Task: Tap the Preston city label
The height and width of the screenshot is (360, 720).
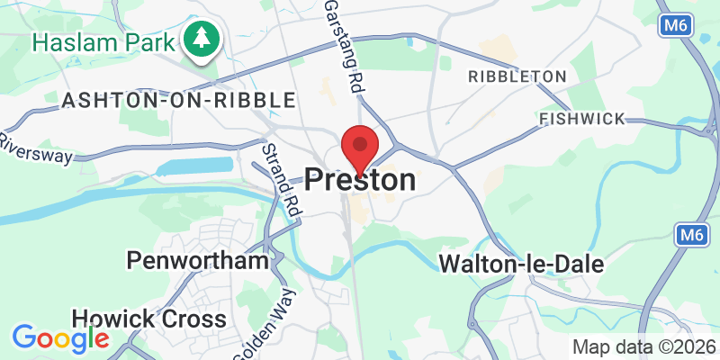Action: click(x=361, y=180)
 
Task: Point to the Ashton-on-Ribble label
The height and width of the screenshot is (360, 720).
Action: click(x=178, y=100)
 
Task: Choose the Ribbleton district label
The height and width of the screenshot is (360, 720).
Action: click(x=517, y=76)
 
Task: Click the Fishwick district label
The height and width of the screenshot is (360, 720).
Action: click(x=583, y=119)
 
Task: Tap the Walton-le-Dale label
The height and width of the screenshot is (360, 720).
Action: click(x=521, y=264)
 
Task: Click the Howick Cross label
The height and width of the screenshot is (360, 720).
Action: click(x=148, y=319)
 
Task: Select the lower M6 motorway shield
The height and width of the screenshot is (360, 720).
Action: click(x=690, y=235)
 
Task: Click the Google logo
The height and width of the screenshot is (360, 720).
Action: click(x=60, y=339)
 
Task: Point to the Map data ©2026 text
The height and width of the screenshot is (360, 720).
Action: click(x=644, y=346)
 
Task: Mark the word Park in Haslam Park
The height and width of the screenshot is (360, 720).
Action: click(x=148, y=40)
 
